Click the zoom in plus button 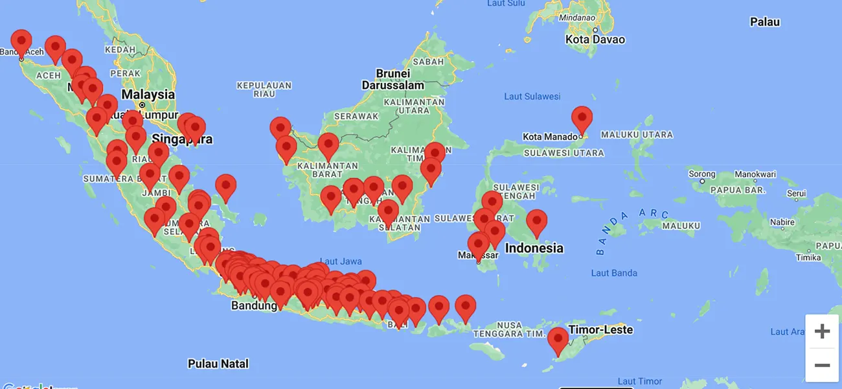[x=822, y=331]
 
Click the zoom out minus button [x=822, y=365]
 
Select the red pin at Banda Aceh [x=21, y=42]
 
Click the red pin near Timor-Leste [x=558, y=340]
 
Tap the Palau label [x=764, y=22]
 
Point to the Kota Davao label [x=595, y=40]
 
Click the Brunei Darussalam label [x=393, y=79]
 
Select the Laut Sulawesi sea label [x=532, y=97]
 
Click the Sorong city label [x=701, y=174]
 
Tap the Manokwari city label [x=755, y=174]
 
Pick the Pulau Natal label [x=218, y=364]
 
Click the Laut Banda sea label [x=614, y=273]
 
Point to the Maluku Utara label [x=637, y=135]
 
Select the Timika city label [x=808, y=257]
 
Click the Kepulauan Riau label [x=264, y=89]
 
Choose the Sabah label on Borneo [x=428, y=62]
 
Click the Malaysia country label [x=148, y=95]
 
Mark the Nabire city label [x=782, y=222]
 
